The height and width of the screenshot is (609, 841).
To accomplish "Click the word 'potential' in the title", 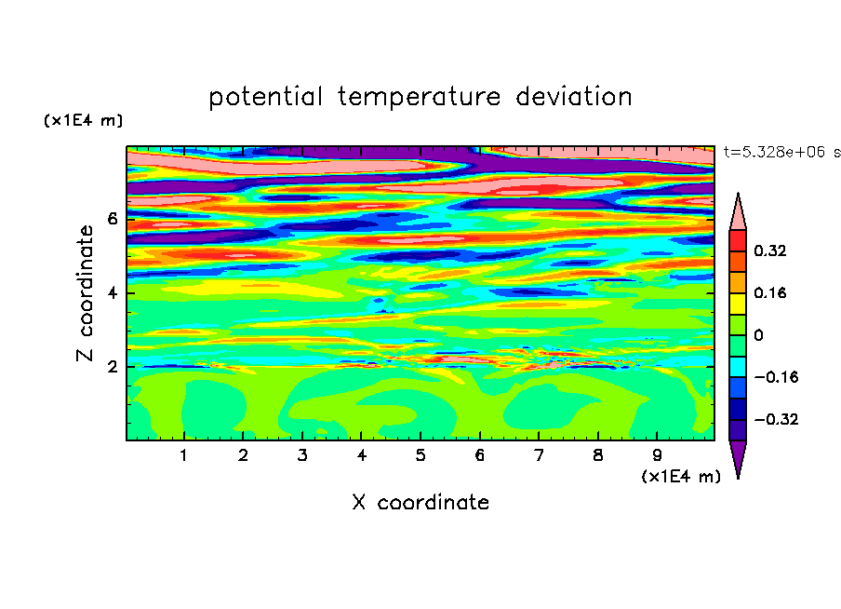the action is tap(266, 97).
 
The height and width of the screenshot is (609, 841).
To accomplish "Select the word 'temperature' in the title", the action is tap(420, 97).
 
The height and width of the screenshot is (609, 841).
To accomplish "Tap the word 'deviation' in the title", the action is tap(574, 97).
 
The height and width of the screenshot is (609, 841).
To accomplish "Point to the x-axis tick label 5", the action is tap(420, 455).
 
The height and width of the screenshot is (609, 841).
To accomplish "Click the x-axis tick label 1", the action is tap(183, 455).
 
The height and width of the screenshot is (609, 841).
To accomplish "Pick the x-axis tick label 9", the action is tap(657, 455).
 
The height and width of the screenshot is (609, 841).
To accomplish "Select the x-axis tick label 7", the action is tap(539, 455).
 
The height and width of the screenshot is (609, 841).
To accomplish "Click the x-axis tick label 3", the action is tap(302, 455).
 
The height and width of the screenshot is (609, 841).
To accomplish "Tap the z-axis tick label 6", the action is tap(112, 219).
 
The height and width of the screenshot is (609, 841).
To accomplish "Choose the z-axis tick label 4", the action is tap(112, 292).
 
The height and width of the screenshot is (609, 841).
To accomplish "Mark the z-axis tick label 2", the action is tap(112, 367).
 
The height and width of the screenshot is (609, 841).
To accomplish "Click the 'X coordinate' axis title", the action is tap(420, 502).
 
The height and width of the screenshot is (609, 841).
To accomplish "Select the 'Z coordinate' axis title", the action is tap(85, 293).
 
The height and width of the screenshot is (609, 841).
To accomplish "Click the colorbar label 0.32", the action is tap(769, 250).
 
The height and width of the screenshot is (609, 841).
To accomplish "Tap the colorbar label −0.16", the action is tap(776, 377).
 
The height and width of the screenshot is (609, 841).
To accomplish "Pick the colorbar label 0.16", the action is tap(769, 292).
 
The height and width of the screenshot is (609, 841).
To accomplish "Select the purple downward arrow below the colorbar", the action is tap(738, 456).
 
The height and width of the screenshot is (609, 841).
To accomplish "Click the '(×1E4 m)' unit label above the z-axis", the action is tap(83, 120).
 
